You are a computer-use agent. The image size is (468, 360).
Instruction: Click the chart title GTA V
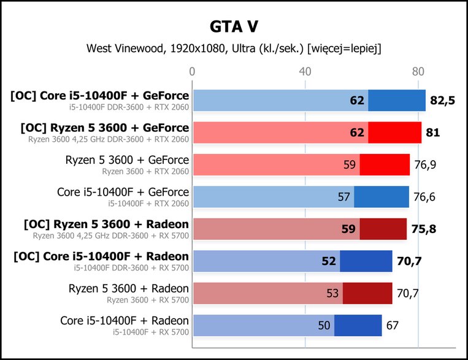pyautogui.click(x=234, y=26)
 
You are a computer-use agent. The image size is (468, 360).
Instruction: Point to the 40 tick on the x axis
pyautogui.click(x=305, y=72)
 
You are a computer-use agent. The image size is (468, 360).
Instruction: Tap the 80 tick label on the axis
pyautogui.click(x=418, y=72)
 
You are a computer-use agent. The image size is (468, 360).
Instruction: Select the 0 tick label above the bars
pyautogui.click(x=192, y=72)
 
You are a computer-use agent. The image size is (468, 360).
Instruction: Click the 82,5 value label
pyautogui.click(x=442, y=101)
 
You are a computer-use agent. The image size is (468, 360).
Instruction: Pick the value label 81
pyautogui.click(x=433, y=132)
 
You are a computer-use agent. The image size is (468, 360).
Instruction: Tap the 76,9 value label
pyautogui.click(x=425, y=165)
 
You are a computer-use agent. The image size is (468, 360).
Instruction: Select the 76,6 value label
pyautogui.click(x=424, y=197)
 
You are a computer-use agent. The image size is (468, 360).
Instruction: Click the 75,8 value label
pyautogui.click(x=424, y=229)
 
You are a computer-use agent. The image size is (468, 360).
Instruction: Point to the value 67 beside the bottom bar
pyautogui.click(x=392, y=326)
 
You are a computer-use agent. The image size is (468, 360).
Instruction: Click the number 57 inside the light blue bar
pyautogui.click(x=344, y=197)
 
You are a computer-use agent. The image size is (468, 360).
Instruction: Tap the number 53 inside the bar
pyautogui.click(x=332, y=293)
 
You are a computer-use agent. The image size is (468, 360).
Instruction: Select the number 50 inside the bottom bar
pyautogui.click(x=324, y=326)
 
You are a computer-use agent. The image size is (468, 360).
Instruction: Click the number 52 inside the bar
pyautogui.click(x=329, y=261)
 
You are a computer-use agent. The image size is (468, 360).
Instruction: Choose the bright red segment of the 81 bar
pyautogui.click(x=394, y=132)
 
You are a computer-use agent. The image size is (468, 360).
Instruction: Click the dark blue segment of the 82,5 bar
pyautogui.click(x=397, y=101)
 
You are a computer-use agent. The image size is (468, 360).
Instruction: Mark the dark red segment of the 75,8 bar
pyautogui.click(x=383, y=229)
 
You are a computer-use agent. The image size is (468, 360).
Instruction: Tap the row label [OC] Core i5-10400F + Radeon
pyautogui.click(x=101, y=256)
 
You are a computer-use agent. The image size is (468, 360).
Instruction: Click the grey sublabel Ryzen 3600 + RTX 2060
pyautogui.click(x=145, y=171)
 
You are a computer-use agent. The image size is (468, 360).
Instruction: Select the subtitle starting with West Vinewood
pyautogui.click(x=234, y=48)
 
